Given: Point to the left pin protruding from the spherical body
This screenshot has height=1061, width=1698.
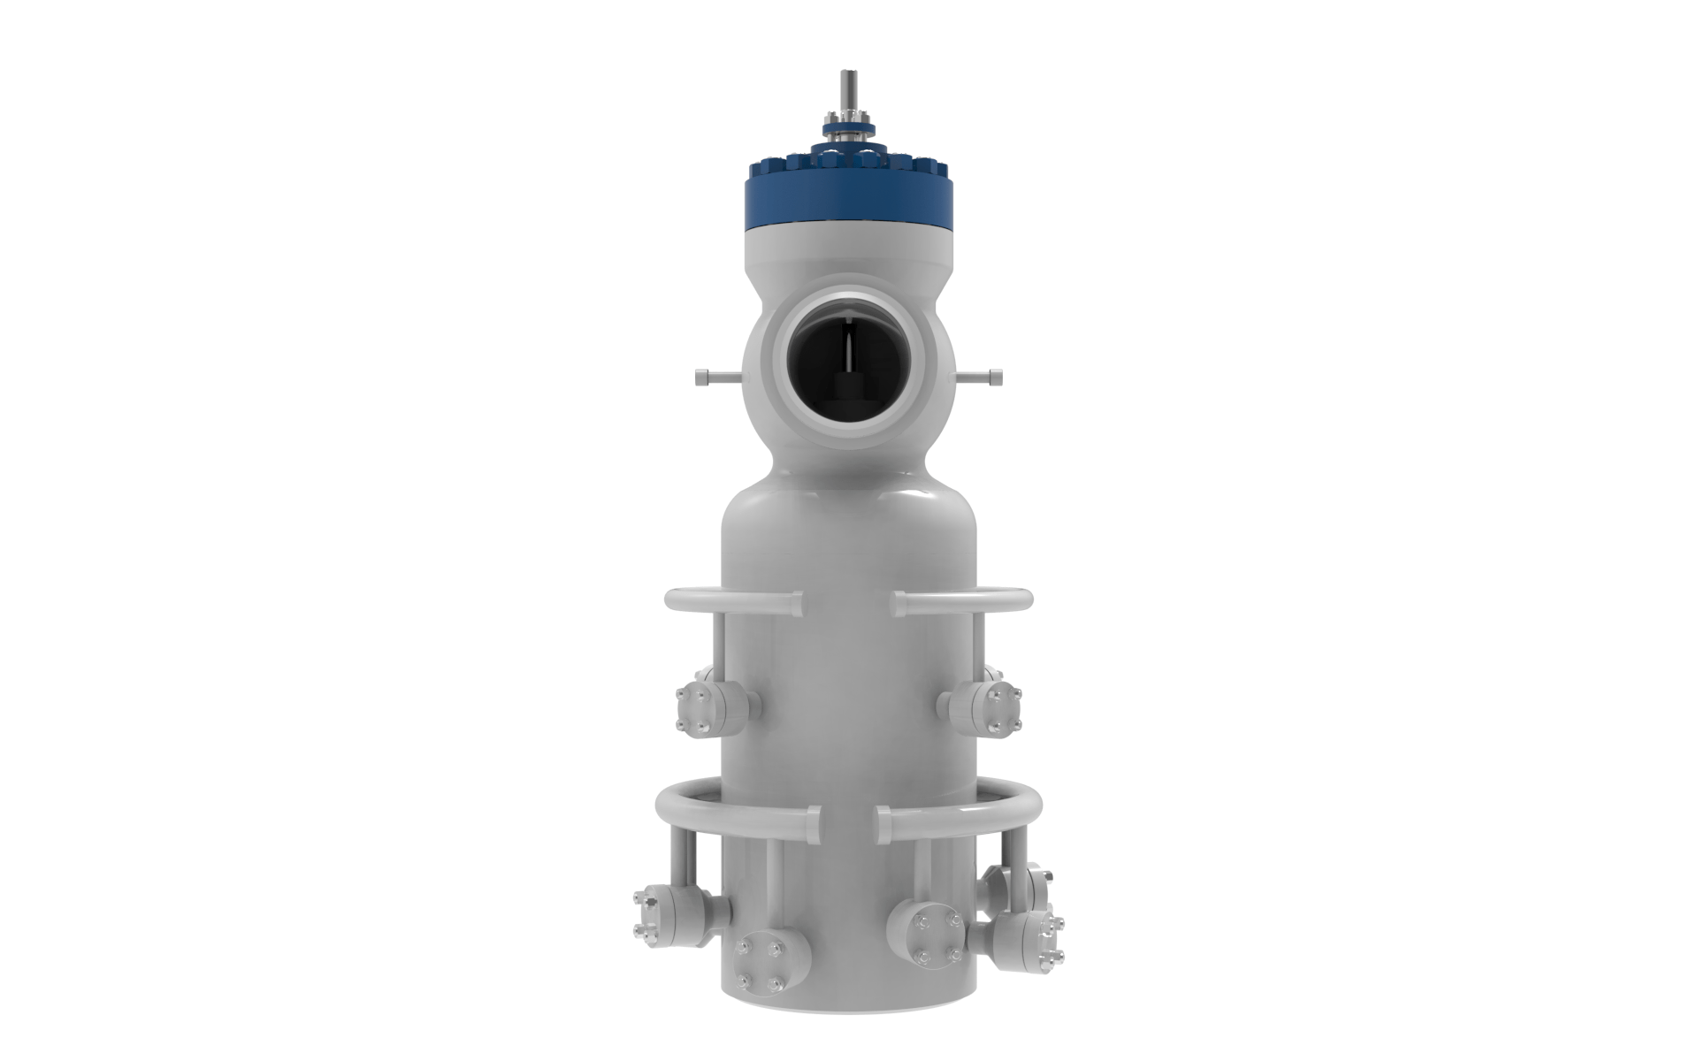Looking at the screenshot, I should tap(707, 378).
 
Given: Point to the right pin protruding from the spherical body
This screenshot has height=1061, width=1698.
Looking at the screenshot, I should tap(989, 378).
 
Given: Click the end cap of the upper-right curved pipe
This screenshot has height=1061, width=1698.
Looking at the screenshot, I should tap(899, 604).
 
